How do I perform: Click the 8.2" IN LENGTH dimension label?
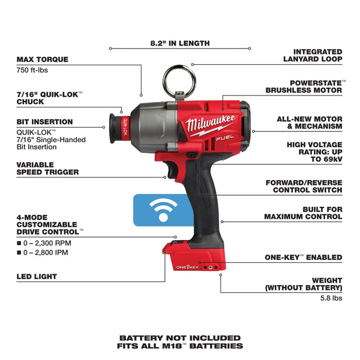coord(180,43)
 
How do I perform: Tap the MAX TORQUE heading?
coord(43,59)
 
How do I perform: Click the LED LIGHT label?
coord(37,277)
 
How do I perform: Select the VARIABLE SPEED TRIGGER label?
coord(47,169)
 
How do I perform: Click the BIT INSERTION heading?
coord(44,122)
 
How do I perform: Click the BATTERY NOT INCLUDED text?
coord(180,338)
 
